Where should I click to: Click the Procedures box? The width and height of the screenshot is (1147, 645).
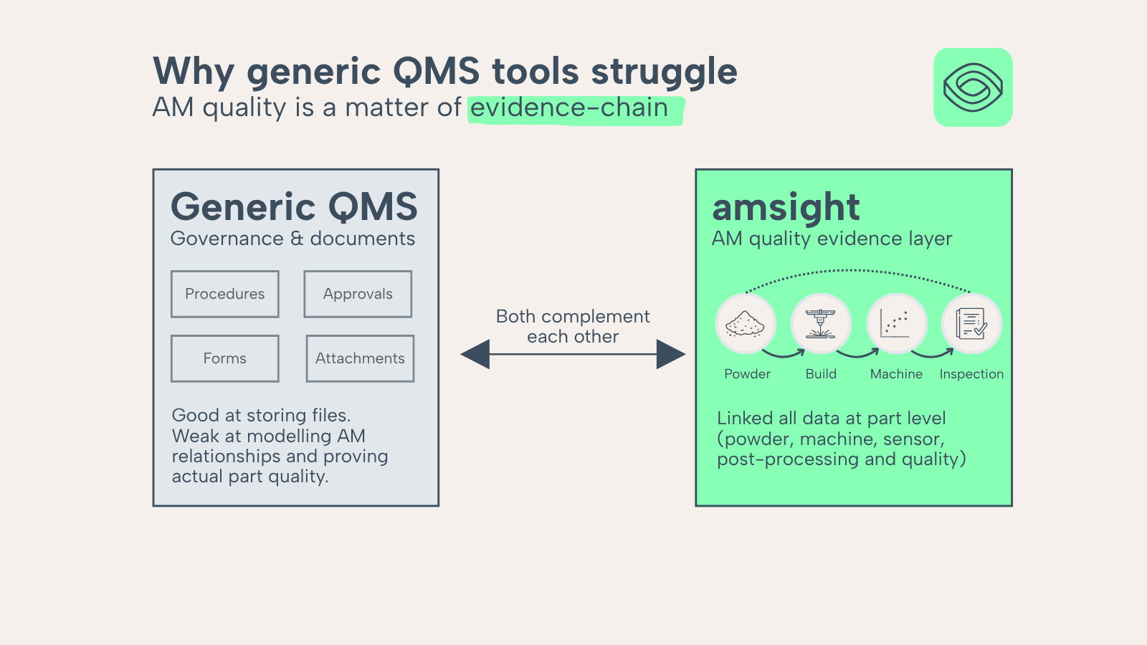click(x=225, y=294)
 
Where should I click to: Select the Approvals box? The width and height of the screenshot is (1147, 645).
click(x=358, y=294)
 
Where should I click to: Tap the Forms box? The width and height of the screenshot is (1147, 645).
click(x=225, y=358)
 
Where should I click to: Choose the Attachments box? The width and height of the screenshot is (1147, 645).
click(x=360, y=358)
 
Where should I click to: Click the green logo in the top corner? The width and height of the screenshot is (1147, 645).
click(x=973, y=87)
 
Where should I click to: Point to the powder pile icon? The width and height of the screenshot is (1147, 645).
click(x=745, y=324)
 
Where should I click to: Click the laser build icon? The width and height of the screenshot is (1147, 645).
click(x=821, y=324)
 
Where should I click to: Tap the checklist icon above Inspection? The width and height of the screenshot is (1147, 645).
click(x=971, y=323)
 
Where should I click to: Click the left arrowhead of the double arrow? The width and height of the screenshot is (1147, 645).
click(x=475, y=354)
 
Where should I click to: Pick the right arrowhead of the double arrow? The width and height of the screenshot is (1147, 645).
click(x=671, y=354)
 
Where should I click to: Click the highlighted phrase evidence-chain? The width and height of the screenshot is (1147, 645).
click(x=569, y=108)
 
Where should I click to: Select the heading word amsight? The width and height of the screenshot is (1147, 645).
click(x=786, y=207)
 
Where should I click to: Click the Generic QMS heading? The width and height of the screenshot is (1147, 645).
click(x=294, y=207)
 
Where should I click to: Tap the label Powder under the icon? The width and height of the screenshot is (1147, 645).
click(x=747, y=374)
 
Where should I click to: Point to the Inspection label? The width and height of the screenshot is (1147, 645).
click(x=971, y=374)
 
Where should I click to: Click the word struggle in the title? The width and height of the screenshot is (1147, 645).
click(x=664, y=72)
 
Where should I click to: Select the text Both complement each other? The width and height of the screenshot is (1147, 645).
click(x=573, y=327)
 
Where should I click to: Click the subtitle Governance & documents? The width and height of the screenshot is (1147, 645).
click(x=292, y=239)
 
